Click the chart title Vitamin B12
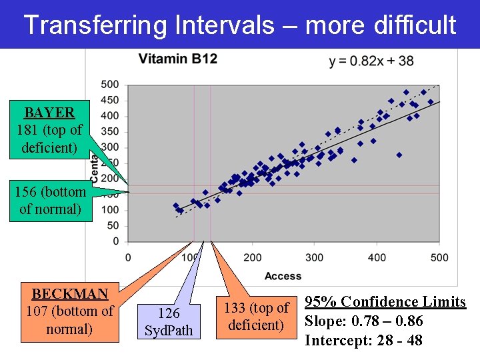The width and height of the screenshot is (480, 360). click(178, 59)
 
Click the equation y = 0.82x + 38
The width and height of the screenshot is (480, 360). click(371, 61)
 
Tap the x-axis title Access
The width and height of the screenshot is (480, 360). click(283, 276)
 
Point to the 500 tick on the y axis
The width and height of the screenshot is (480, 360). click(111, 85)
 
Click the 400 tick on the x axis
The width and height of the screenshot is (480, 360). click(377, 257)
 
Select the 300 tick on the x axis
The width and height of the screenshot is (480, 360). click(315, 257)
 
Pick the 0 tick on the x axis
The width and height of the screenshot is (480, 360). click(128, 257)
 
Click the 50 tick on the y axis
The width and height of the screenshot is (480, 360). click(113, 225)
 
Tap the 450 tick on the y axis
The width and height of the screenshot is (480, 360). click(111, 100)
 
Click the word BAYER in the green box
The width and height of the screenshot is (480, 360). click(49, 112)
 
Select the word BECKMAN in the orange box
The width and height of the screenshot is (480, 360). click(69, 293)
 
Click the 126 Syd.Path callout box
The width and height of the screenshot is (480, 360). click(169, 321)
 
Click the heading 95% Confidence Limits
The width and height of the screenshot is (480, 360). click(385, 302)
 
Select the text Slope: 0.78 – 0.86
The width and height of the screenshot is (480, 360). click(363, 321)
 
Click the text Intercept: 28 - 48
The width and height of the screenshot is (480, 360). click(363, 341)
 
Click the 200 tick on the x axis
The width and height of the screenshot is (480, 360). click(253, 257)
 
